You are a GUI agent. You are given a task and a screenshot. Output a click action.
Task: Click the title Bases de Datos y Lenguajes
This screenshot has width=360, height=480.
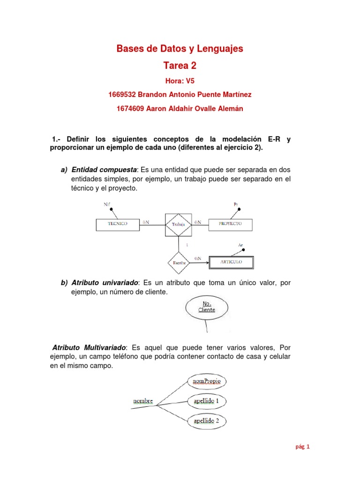point(180,48)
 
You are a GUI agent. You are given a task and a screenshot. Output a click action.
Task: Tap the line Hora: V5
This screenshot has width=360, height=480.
point(180,81)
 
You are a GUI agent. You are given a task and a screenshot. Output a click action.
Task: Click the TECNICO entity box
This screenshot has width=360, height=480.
point(118,224)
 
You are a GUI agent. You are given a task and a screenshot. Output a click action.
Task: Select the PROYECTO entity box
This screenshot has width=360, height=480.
point(230,224)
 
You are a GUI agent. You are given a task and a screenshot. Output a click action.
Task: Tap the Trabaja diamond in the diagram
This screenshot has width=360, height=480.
point(178,225)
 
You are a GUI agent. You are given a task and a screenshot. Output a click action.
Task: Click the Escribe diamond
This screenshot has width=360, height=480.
point(179,263)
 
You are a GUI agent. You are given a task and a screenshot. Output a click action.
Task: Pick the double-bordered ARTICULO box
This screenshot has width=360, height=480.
point(231,262)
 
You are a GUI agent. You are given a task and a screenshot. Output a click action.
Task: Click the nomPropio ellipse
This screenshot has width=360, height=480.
point(207,382)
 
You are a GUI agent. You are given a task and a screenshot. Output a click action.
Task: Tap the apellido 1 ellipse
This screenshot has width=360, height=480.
point(207,401)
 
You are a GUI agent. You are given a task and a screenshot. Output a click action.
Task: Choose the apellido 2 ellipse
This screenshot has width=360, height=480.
point(207,420)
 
